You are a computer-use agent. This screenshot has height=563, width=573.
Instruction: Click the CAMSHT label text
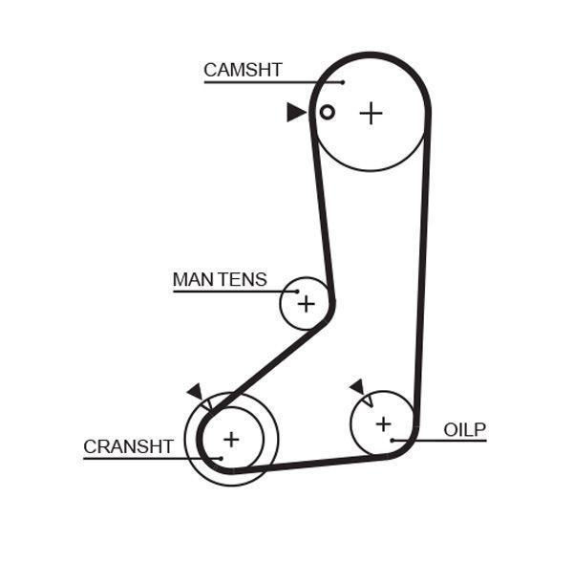point(243,70)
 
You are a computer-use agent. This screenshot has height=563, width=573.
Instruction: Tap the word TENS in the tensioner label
point(243,280)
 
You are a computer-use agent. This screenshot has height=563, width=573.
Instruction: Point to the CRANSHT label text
point(128,446)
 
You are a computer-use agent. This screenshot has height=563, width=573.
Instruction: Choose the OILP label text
point(464,429)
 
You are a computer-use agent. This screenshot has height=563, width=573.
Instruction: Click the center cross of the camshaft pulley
point(371,113)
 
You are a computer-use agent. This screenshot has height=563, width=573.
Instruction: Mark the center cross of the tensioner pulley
point(305,304)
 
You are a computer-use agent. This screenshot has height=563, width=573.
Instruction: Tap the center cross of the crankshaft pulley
point(230,440)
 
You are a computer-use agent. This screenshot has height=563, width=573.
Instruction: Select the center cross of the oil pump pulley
point(383,423)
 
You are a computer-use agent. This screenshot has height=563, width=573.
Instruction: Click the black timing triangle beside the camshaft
point(295,113)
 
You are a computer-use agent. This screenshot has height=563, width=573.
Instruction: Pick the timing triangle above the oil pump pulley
point(358,386)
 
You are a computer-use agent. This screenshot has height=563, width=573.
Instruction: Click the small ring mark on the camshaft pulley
point(327,112)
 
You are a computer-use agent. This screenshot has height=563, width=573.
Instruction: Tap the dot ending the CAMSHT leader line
point(342,82)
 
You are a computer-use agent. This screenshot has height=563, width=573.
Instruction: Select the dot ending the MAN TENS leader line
point(297,292)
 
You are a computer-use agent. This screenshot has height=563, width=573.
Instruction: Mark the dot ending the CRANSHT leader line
point(221,458)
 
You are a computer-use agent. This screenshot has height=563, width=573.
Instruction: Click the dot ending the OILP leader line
point(393,440)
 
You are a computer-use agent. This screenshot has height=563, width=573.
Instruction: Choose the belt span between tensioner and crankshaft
point(267,364)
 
